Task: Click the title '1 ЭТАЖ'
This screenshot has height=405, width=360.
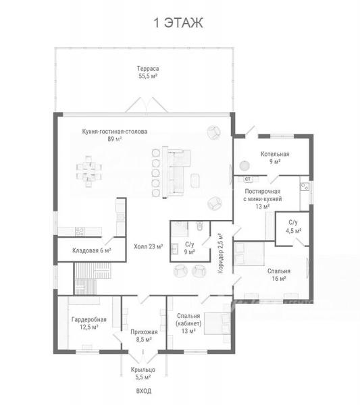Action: coord(178,23)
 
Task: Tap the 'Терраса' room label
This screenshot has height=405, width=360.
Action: coord(148,69)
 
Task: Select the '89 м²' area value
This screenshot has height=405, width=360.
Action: coord(115,139)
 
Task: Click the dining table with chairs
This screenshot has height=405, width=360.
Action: coord(88,171)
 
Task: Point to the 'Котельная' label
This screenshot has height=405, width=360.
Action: coord(275,154)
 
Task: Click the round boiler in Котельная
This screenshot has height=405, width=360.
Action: coord(245,166)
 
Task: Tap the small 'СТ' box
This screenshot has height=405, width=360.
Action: coord(248,179)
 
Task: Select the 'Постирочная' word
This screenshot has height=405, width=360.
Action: coord(263,192)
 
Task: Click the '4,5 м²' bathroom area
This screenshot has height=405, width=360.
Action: coord(293,230)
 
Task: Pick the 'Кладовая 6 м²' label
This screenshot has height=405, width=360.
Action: coord(91,250)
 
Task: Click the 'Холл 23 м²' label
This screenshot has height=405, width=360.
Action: coord(149,246)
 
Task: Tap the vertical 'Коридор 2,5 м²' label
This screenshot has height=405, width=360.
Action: coord(220,253)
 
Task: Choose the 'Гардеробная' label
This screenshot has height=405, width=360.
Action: coord(89,319)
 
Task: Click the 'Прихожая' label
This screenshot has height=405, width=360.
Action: coord(144,332)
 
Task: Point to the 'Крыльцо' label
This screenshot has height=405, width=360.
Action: coord(143,370)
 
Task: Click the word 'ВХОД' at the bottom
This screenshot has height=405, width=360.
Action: coord(144,391)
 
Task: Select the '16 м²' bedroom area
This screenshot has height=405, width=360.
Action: coord(279,278)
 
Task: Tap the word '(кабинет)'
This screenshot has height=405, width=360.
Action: coord(188,323)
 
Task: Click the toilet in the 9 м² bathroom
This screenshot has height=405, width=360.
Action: coord(199,225)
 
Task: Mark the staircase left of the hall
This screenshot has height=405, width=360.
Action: coord(93,278)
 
